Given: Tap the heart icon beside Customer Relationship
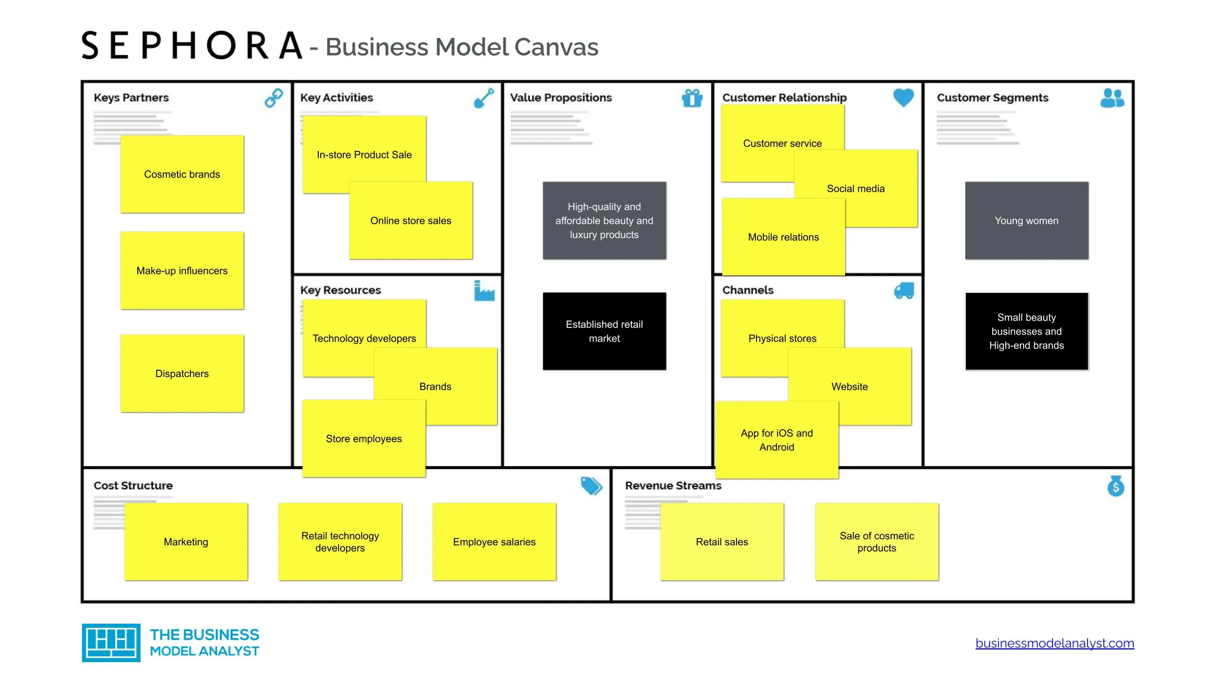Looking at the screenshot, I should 904,97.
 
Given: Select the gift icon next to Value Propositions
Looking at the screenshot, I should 692,98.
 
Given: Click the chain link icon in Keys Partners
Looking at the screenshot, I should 274,98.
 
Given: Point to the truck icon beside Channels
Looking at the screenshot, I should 904,291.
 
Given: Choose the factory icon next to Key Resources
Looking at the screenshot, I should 484,291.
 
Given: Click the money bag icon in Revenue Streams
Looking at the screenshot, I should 1116,486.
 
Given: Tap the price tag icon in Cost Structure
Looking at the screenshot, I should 591,486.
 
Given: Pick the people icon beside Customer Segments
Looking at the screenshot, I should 1112,98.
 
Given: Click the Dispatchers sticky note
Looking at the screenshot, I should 182,374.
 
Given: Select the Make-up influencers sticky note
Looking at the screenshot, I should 182,270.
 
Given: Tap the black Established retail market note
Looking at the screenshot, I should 604,331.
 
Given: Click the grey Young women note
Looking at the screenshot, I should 1026,221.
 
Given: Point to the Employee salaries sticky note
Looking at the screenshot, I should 494,542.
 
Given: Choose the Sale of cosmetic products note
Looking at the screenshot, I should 877,542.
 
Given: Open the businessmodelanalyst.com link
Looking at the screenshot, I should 1054,643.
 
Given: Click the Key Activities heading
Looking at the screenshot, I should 336,98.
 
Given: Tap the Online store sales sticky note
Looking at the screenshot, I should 411,221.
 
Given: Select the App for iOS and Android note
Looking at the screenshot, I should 776,440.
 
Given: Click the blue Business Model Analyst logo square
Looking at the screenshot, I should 111,643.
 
